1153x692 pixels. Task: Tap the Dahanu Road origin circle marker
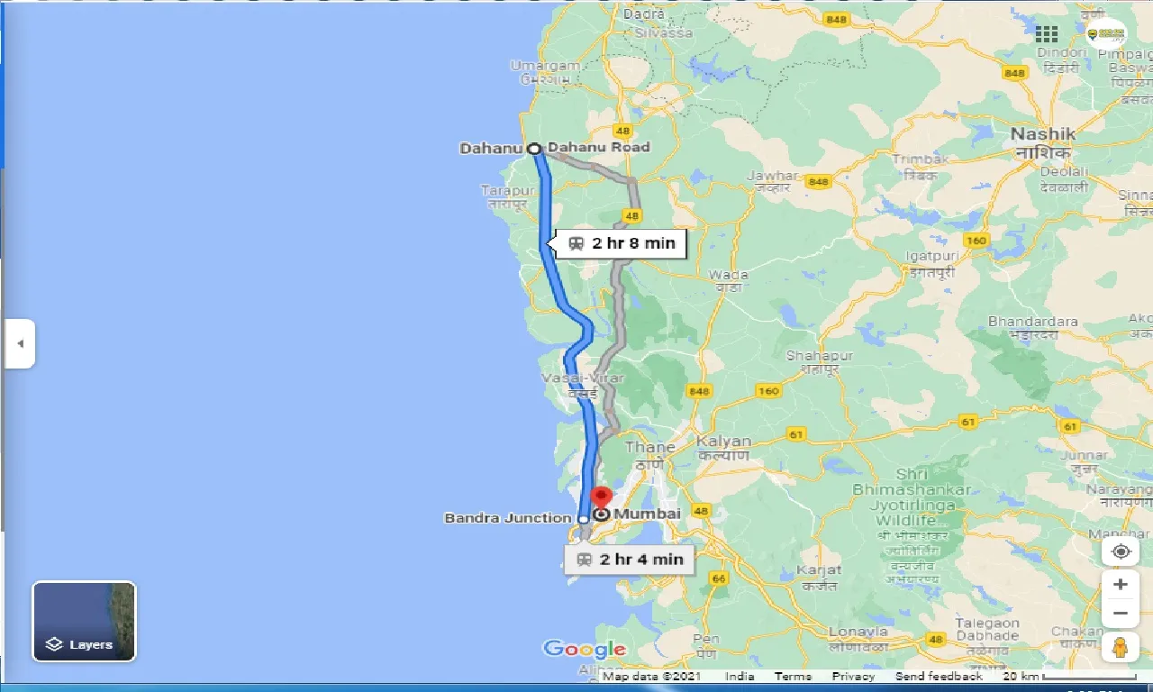point(534,149)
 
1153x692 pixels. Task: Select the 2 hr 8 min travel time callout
point(622,243)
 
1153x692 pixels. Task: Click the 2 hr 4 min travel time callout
point(630,560)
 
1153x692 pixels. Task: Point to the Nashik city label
point(1042,134)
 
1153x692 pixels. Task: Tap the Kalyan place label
point(723,442)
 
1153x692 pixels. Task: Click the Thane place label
point(649,448)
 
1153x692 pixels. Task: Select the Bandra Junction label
point(508,518)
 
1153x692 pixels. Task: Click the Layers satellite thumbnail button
point(85,622)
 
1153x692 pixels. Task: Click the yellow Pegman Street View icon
point(1121,648)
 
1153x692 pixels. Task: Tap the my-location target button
point(1121,551)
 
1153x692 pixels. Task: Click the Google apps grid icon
point(1047,34)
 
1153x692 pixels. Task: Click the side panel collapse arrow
point(20,343)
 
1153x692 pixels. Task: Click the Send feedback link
point(939,677)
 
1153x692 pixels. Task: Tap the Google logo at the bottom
point(584,649)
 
